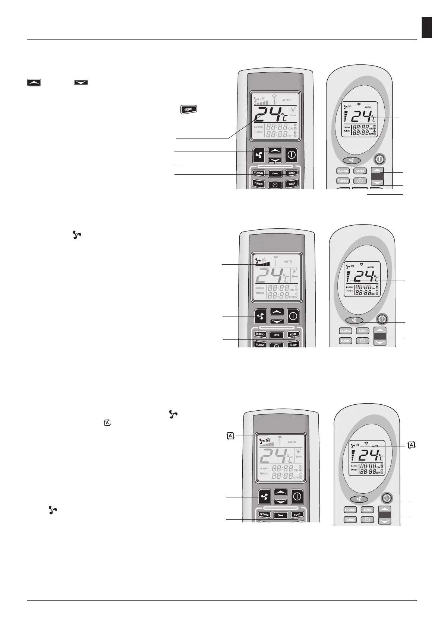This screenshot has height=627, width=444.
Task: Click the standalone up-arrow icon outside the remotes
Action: point(34,83)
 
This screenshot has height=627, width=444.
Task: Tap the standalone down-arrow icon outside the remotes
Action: point(81,83)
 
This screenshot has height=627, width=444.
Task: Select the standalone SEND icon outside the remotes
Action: point(189,109)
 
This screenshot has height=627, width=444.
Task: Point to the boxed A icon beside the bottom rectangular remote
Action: point(231,436)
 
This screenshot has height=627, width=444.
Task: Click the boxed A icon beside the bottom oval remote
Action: point(412,445)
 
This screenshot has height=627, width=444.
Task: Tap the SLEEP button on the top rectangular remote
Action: point(292,184)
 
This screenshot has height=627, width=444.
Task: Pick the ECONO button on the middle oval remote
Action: point(345,331)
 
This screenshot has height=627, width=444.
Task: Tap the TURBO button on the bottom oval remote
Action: point(350,519)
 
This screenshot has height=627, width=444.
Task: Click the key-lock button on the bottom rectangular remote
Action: point(280,515)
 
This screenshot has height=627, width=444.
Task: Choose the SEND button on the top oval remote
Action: point(360,171)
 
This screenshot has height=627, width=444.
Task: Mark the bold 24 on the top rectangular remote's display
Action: point(269,116)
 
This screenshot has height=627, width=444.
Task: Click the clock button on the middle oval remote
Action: point(362,340)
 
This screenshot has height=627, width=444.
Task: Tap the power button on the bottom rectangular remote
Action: point(297,496)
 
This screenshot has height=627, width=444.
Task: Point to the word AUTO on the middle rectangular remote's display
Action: point(288,262)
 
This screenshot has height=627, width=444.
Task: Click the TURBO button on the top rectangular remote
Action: point(258,184)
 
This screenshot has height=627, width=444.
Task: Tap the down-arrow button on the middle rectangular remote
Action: point(277,321)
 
